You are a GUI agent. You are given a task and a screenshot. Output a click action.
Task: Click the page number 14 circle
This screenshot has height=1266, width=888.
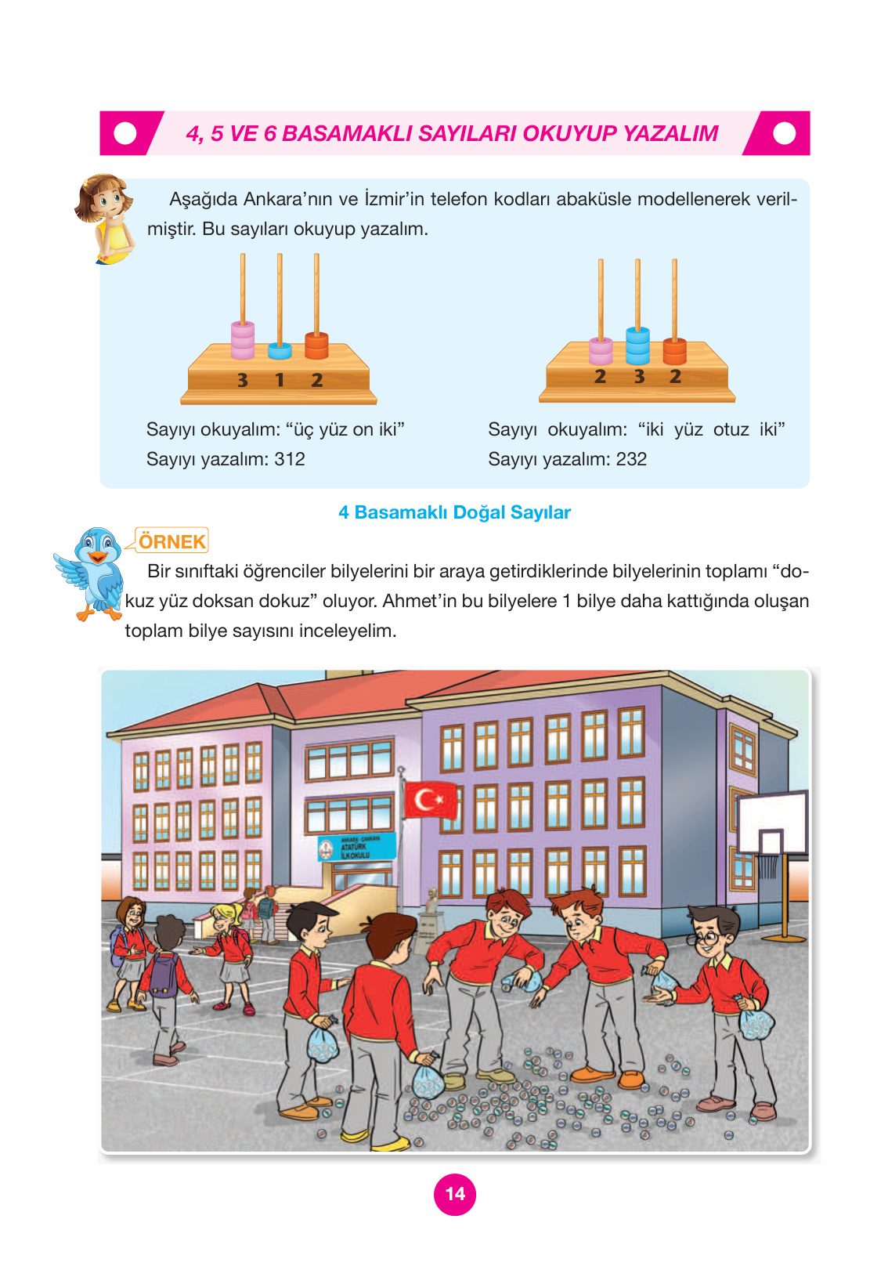(x=454, y=1194)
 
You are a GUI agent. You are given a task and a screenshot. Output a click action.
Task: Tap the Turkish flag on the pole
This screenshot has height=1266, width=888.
(x=430, y=801)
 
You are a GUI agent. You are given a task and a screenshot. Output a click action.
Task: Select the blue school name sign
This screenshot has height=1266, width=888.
(x=357, y=848)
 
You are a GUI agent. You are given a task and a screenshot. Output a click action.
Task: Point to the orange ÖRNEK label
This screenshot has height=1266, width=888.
(x=171, y=541)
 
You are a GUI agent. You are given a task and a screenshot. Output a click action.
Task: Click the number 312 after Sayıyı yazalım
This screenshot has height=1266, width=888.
(x=290, y=459)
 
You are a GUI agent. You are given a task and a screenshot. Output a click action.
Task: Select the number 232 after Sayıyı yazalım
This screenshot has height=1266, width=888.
(x=631, y=459)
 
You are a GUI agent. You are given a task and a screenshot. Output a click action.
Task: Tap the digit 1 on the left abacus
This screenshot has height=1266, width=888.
(x=280, y=380)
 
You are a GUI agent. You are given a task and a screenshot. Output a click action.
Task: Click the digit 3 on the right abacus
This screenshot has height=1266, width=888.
(x=639, y=377)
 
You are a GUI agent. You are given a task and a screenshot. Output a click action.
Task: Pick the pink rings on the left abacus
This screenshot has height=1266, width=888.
(x=243, y=339)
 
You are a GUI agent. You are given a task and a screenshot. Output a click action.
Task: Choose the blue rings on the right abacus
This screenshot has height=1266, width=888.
(x=637, y=345)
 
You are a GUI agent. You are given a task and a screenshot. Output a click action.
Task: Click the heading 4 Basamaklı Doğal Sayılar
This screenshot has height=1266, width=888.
(x=454, y=512)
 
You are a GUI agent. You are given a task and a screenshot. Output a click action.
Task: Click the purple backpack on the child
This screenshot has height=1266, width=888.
(x=164, y=973)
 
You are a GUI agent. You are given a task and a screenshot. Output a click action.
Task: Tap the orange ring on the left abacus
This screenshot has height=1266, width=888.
(x=316, y=345)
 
